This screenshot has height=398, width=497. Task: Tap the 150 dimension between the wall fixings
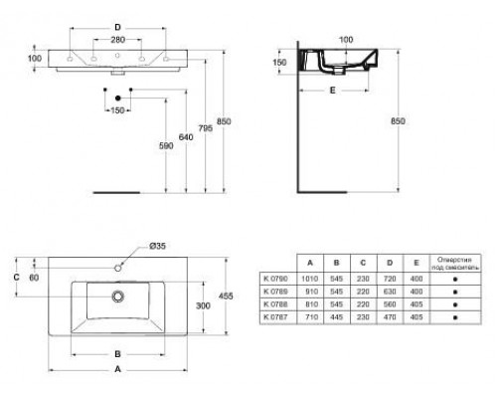(x=118, y=110)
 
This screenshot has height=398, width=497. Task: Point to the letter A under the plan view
(x=119, y=367)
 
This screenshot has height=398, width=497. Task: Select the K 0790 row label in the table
(x=272, y=281)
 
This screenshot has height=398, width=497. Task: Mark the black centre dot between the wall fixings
(x=118, y=96)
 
